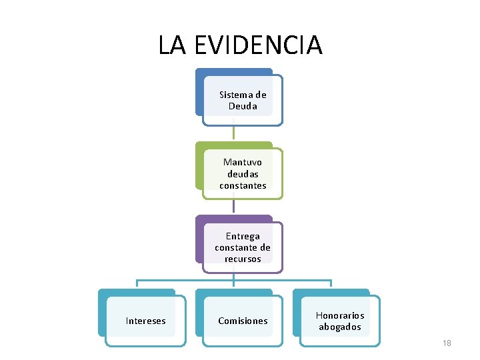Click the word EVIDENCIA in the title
pos(259,45)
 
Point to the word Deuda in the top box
pos(243,106)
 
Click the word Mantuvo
pos(243,162)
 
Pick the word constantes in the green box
pos(243,185)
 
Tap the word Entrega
pos(243,236)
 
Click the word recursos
pos(243,259)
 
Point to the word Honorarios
pos(340,315)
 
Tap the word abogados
pos(340,327)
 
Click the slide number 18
pos(447,343)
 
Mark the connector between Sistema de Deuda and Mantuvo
pos(233,133)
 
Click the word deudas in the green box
pos(243,174)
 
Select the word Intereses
pos(146,321)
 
